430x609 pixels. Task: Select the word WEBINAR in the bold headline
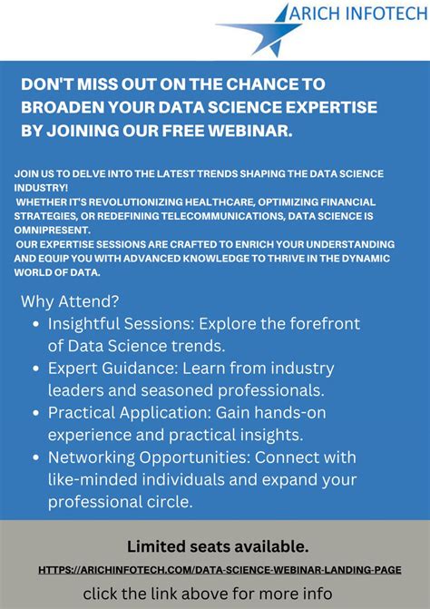259,131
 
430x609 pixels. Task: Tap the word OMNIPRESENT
51,231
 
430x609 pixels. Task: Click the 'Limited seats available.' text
217,546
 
